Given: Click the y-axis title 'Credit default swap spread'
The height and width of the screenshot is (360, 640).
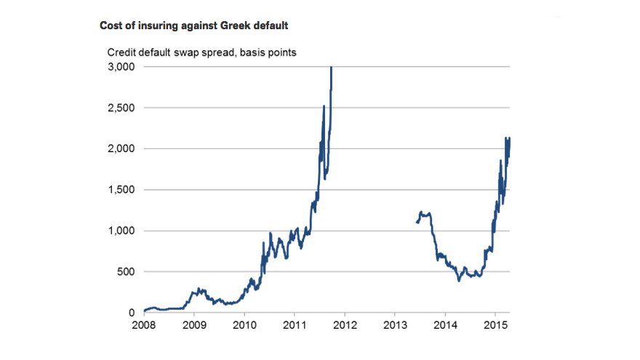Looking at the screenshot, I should click(x=201, y=52).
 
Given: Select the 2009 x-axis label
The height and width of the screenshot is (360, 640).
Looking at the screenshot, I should click(x=194, y=324).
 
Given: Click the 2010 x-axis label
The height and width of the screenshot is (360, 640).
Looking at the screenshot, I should click(x=244, y=324).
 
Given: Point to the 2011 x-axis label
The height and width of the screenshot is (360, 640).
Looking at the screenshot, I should click(x=294, y=324).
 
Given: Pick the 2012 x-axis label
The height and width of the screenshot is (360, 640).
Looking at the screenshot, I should click(x=344, y=324).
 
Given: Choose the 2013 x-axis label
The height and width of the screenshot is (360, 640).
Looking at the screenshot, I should click(x=394, y=324).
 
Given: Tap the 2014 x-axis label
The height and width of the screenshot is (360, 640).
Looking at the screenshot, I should click(x=445, y=324).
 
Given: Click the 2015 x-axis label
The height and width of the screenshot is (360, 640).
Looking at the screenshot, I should click(x=495, y=324).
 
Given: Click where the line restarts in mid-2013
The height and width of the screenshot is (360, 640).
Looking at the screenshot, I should click(x=416, y=222).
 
